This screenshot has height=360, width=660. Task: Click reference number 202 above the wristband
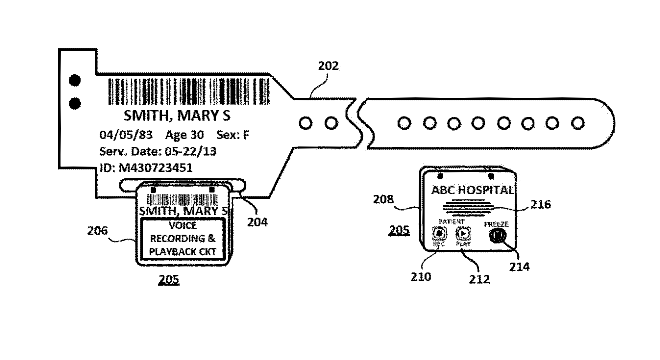pyautogui.click(x=328, y=66)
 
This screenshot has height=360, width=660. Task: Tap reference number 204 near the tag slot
pyautogui.click(x=257, y=222)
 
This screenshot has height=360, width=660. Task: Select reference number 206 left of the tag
pyautogui.click(x=97, y=231)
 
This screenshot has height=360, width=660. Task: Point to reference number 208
pyautogui.click(x=383, y=199)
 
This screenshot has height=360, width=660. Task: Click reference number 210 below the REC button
pyautogui.click(x=421, y=277)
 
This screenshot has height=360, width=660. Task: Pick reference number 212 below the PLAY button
pyautogui.click(x=479, y=279)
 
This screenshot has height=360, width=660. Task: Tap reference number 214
pyautogui.click(x=519, y=266)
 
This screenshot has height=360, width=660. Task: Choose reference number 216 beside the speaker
pyautogui.click(x=541, y=204)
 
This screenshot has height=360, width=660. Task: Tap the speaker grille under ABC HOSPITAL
pyautogui.click(x=468, y=208)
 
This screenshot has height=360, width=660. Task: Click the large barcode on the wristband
pyautogui.click(x=189, y=91)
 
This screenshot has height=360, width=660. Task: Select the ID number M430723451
pyautogui.click(x=155, y=168)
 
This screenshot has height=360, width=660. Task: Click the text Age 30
pyautogui.click(x=184, y=135)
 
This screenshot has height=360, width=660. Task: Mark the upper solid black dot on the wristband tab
pyautogui.click(x=75, y=80)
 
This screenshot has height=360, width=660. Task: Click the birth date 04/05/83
pyautogui.click(x=126, y=135)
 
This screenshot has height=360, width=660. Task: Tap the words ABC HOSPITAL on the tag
pyautogui.click(x=472, y=190)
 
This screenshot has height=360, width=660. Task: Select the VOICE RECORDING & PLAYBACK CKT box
pyautogui.click(x=183, y=239)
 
